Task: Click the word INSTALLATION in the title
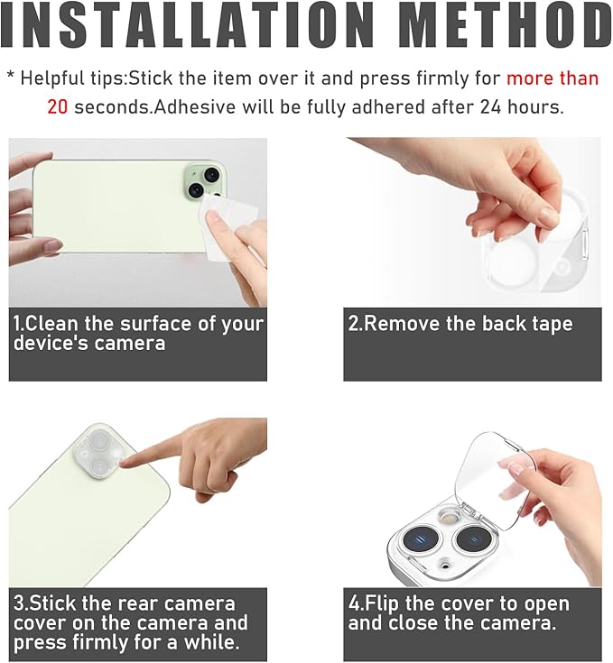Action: pyautogui.click(x=187, y=25)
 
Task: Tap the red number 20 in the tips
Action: pyautogui.click(x=58, y=107)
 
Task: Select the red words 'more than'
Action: pyautogui.click(x=553, y=78)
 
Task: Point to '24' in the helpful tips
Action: pyautogui.click(x=491, y=107)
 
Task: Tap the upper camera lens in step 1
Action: pyautogui.click(x=210, y=174)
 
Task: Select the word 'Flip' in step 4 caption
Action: pyautogui.click(x=380, y=604)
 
